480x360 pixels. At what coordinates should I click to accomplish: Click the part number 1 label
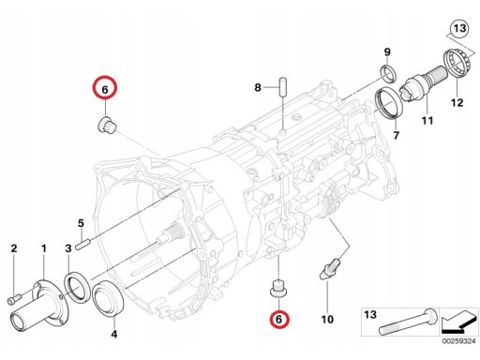pyautogui.click(x=44, y=248)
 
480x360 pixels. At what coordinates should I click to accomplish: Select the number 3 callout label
pyautogui.click(x=68, y=248)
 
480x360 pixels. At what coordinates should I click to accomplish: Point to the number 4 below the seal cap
pyautogui.click(x=114, y=334)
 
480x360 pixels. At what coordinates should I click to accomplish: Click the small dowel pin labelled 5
pyautogui.click(x=83, y=244)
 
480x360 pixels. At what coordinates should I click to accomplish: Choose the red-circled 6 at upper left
pyautogui.click(x=105, y=87)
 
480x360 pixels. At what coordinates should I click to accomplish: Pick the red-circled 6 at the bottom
pyautogui.click(x=278, y=319)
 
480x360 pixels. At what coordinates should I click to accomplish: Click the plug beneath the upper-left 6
pyautogui.click(x=106, y=125)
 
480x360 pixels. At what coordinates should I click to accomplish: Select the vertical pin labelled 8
pyautogui.click(x=283, y=87)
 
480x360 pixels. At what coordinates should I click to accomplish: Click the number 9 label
pyautogui.click(x=387, y=52)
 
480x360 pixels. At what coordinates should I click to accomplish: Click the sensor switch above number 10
pyautogui.click(x=330, y=268)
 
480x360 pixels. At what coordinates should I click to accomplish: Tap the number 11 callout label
pyautogui.click(x=427, y=121)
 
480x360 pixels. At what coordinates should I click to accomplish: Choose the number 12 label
pyautogui.click(x=457, y=102)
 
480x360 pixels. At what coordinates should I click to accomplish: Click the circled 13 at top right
pyautogui.click(x=459, y=29)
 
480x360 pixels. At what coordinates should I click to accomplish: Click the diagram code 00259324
pyautogui.click(x=459, y=341)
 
